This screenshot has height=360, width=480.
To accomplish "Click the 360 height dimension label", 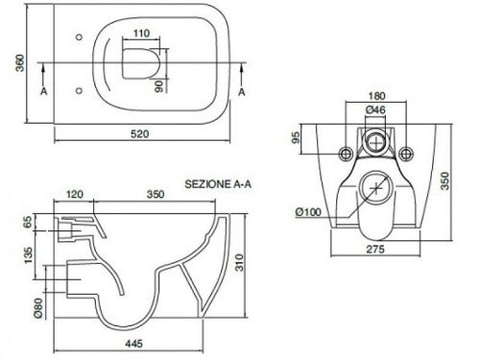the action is [x=20, y=63].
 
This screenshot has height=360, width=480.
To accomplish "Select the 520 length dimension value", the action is [x=140, y=133].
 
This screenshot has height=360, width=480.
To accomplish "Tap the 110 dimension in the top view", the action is [x=141, y=33].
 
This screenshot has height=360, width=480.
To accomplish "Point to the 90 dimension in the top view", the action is [x=159, y=86].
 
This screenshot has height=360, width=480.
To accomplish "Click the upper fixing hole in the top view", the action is [x=80, y=37].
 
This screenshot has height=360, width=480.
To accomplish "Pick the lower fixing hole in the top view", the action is [x=80, y=91].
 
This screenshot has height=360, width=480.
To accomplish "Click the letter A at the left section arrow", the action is [x=44, y=91].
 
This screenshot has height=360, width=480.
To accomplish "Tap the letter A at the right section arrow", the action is [x=242, y=92].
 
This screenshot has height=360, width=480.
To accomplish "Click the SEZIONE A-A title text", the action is [x=218, y=184].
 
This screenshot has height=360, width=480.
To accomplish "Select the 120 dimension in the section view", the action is [x=75, y=194].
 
